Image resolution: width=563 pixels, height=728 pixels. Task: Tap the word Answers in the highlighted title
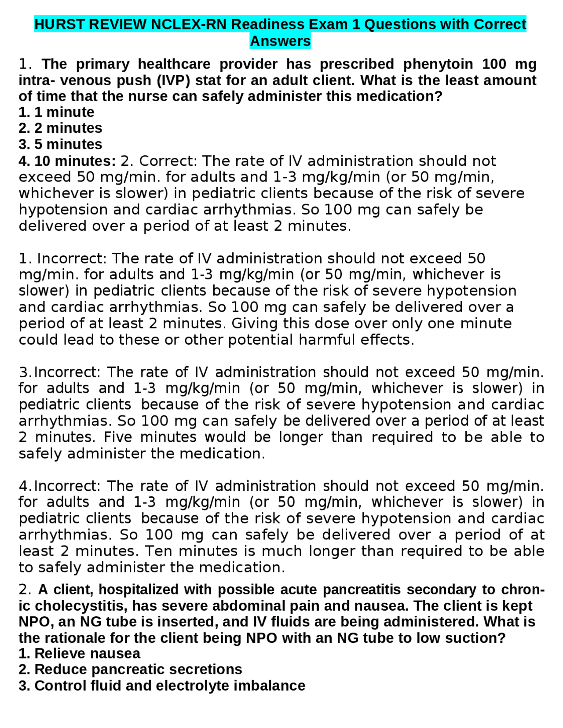(280, 41)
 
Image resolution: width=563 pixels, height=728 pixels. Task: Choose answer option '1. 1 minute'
(56, 112)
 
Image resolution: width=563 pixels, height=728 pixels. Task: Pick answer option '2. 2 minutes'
(60, 128)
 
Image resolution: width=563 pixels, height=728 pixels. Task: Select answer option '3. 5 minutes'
(60, 144)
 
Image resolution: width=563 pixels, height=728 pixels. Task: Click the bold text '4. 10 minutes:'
(67, 161)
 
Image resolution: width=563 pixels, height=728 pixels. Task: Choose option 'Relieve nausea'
(87, 653)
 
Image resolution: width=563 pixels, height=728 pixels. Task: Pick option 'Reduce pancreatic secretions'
(138, 669)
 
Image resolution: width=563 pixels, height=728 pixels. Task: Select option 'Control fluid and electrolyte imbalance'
(169, 685)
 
